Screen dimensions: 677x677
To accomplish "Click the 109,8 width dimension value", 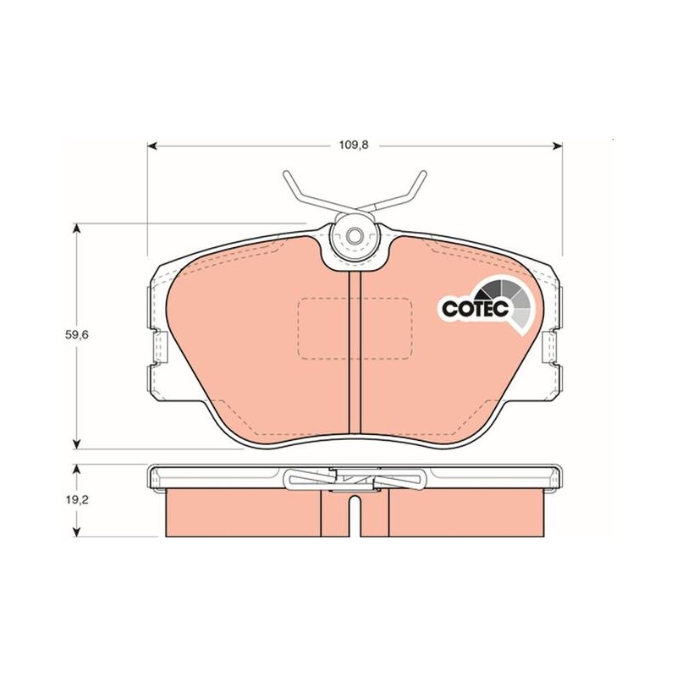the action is coord(353,146).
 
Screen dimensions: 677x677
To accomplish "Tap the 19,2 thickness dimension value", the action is coord(76,500).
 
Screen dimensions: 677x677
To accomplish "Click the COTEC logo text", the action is coord(476,308).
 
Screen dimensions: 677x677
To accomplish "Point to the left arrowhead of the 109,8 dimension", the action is coord(152,146).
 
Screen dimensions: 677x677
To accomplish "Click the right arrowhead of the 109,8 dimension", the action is coord(558,146).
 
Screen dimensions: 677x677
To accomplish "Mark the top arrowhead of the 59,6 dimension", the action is coord(77,228).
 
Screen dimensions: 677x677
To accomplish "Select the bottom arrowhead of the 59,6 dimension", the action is coord(77,443).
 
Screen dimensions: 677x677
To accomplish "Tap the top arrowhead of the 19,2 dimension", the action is coord(77,470).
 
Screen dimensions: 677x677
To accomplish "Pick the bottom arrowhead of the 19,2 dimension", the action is coord(77,531).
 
